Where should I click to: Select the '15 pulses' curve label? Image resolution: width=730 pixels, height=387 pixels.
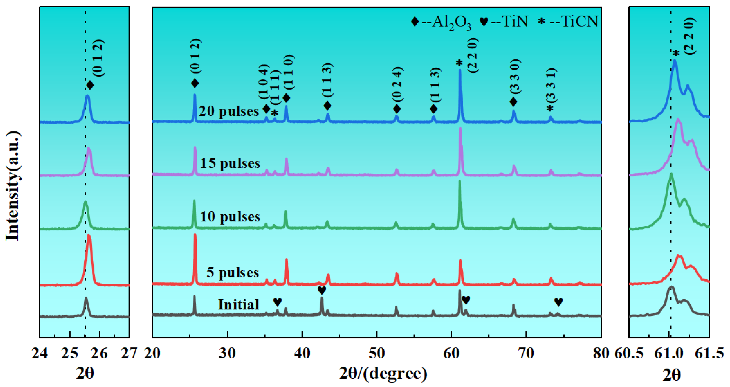click(x=230, y=163)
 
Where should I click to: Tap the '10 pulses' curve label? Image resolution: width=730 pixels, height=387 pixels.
click(x=230, y=216)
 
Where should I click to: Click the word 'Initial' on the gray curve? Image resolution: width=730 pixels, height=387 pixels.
click(x=238, y=305)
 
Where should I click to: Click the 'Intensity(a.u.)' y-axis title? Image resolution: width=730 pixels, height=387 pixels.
click(x=13, y=186)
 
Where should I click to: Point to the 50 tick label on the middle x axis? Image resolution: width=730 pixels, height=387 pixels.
click(x=377, y=353)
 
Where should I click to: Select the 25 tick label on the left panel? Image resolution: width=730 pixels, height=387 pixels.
click(x=70, y=353)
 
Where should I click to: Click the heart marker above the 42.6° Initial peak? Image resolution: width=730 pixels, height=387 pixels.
click(x=322, y=290)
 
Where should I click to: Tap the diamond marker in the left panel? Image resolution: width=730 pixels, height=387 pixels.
click(x=90, y=85)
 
